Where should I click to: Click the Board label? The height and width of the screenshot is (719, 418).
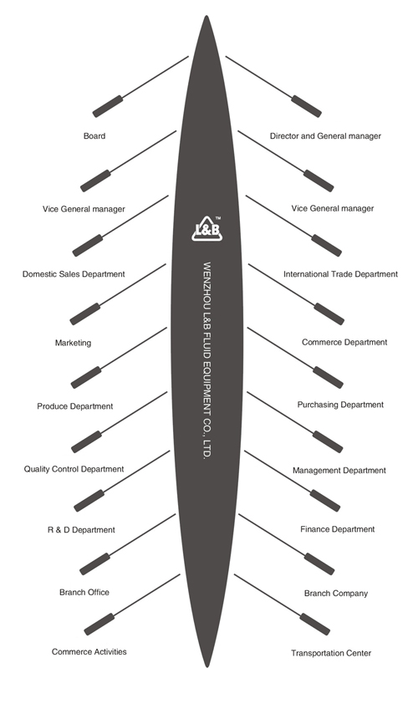point(94,136)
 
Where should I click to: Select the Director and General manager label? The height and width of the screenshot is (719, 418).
point(325,136)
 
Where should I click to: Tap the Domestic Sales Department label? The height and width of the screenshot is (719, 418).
point(74,274)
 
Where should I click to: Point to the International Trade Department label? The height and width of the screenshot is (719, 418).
point(340,274)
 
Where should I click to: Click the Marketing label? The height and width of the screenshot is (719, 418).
point(73,343)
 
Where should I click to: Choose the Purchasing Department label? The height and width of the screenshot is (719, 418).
point(340,405)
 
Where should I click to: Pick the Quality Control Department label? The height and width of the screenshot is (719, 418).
point(74,469)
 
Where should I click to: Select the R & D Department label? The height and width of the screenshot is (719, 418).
point(81,530)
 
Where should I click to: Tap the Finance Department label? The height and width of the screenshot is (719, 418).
point(338,529)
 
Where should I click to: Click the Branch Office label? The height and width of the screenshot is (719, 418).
point(84,593)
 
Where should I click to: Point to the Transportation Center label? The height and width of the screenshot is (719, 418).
point(331,653)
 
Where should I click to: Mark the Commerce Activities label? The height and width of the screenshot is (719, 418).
point(89,651)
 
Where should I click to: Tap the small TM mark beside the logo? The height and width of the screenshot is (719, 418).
point(217,218)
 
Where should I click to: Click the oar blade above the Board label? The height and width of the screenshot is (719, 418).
point(108,106)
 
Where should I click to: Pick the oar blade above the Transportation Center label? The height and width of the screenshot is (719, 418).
point(315,624)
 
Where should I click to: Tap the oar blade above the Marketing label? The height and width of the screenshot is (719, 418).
point(85,314)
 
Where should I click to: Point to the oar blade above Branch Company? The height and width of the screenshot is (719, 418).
point(319,564)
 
